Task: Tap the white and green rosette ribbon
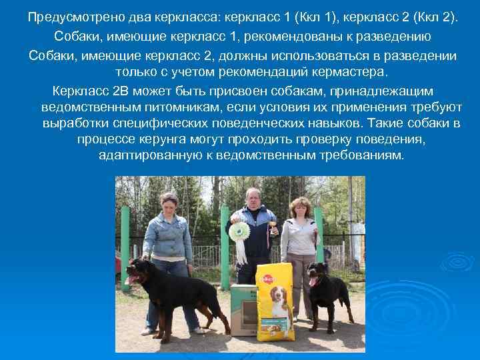[x=240, y=233]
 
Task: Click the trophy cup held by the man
[x=273, y=230]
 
